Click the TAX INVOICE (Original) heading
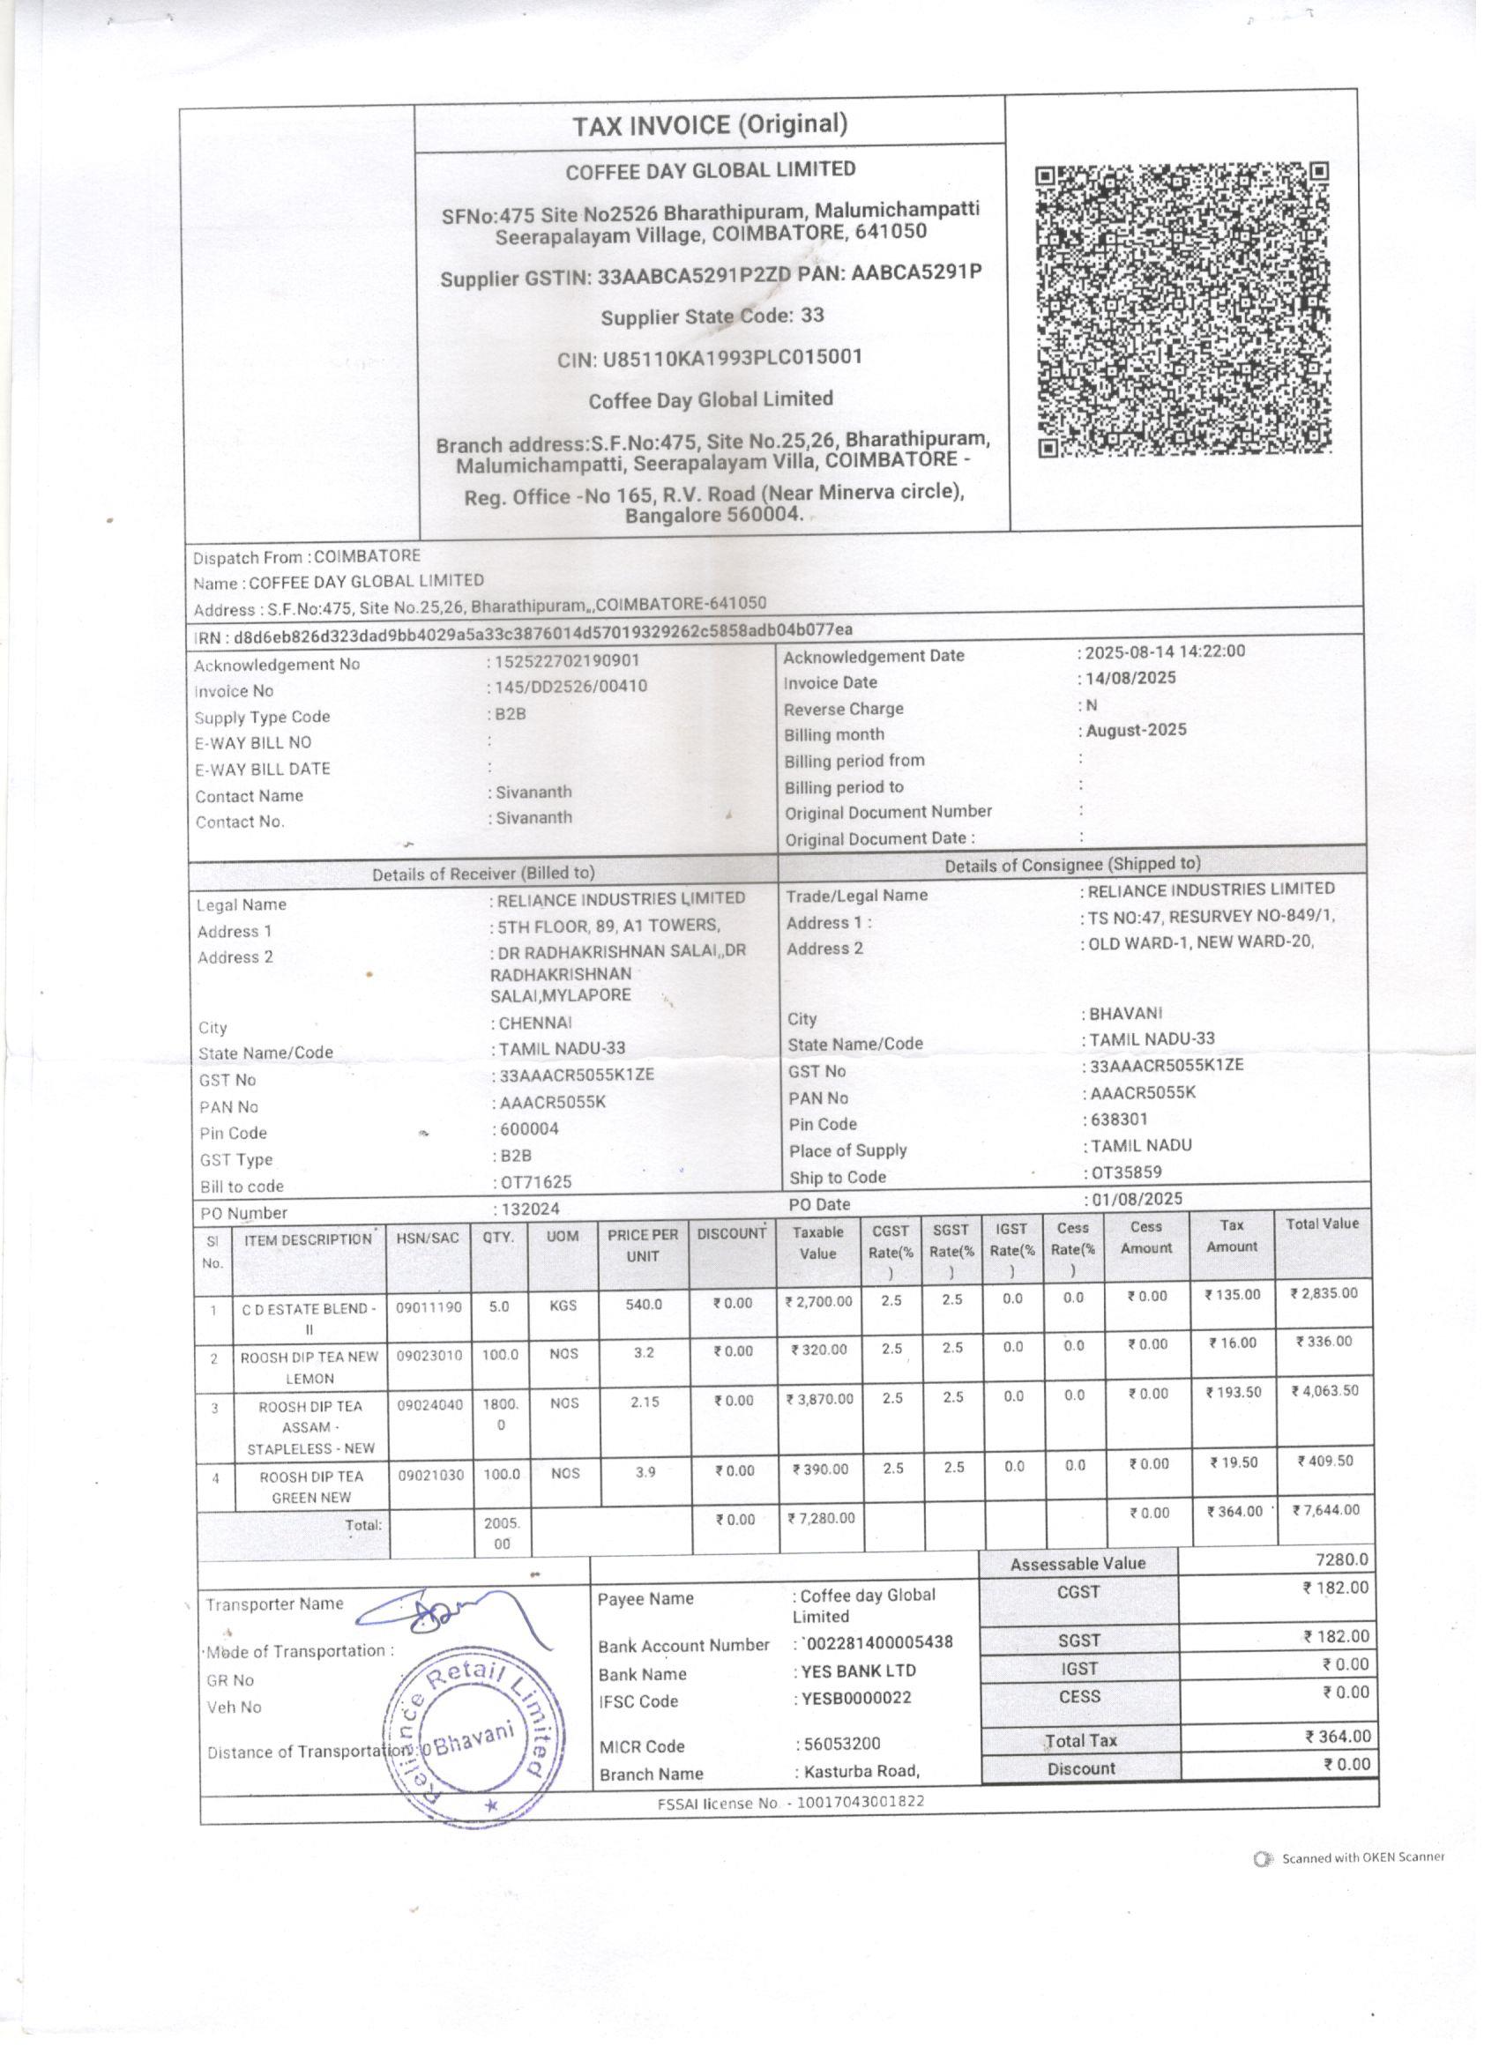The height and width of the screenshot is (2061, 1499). tap(710, 124)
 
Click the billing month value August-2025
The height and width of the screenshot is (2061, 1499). tap(1136, 730)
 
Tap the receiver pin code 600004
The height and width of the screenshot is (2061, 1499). tap(528, 1128)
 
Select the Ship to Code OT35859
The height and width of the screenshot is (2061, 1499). tap(1126, 1172)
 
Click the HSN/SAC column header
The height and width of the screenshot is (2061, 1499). tap(429, 1237)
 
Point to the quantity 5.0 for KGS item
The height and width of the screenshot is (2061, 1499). tap(499, 1306)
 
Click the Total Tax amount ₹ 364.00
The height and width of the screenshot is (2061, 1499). tap(1336, 1736)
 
